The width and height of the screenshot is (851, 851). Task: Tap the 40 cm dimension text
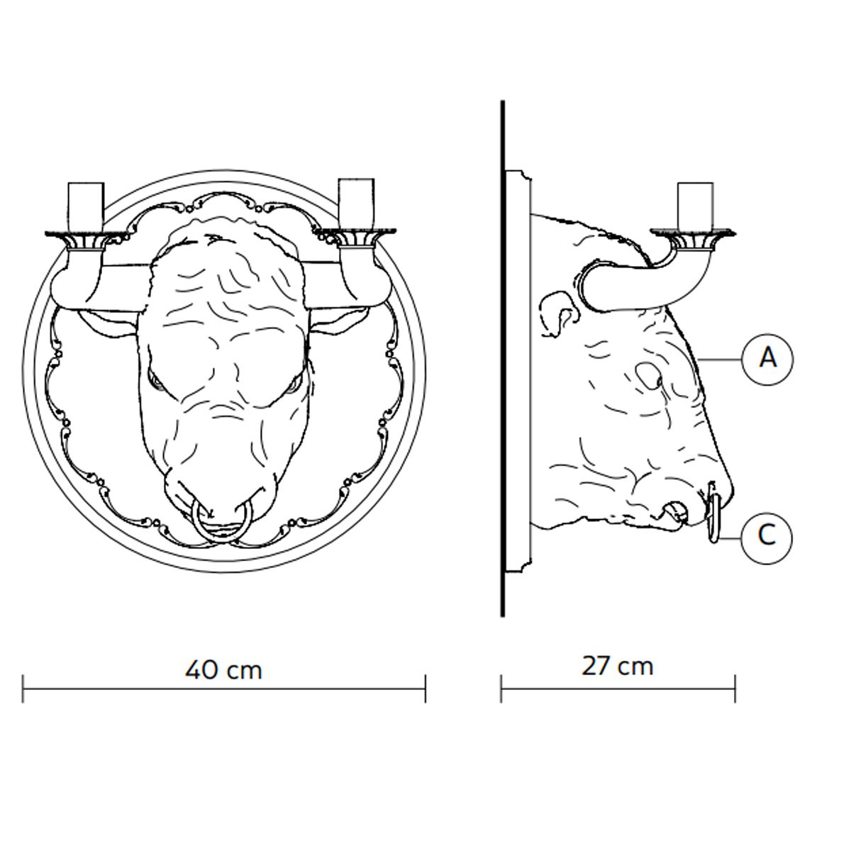[x=223, y=670]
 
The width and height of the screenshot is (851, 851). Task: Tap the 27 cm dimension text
[x=618, y=666]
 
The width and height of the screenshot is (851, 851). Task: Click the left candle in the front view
[x=86, y=206]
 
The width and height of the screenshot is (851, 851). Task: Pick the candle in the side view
[x=695, y=206]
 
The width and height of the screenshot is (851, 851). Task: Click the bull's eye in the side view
[x=649, y=376]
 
